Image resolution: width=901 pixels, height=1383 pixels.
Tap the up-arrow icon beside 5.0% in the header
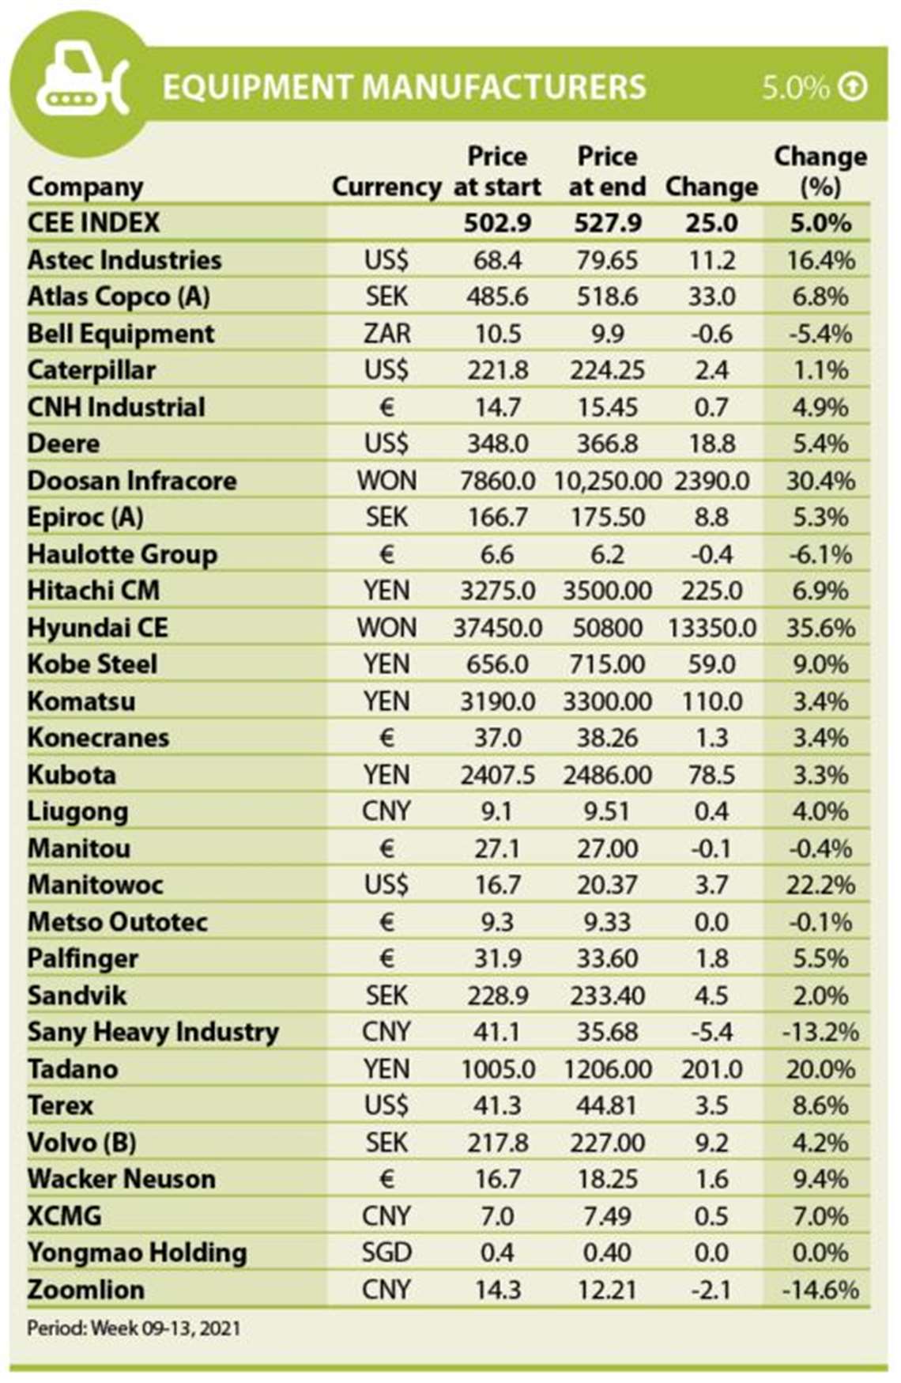point(853,86)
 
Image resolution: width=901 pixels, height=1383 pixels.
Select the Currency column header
point(386,187)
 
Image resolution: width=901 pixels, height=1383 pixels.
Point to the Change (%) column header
point(820,171)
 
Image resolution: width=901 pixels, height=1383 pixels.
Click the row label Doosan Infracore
point(132,481)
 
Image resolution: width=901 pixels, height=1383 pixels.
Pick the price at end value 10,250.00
point(607,481)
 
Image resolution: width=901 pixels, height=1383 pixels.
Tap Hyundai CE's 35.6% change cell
point(820,628)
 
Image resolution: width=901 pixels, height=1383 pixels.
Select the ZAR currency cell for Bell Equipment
point(386,334)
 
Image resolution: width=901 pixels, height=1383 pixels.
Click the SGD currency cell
point(386,1253)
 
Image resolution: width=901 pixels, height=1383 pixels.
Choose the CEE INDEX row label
point(93,223)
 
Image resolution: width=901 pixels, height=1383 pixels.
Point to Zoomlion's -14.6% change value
point(820,1290)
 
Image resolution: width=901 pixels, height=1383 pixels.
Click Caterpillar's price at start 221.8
point(497,370)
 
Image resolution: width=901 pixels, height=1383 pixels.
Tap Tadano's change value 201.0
point(711,1069)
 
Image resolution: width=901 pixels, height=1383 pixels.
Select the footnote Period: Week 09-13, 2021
point(134,1328)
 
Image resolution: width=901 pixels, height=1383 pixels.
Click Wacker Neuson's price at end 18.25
point(607,1179)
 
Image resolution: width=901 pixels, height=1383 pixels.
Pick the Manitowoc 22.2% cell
point(820,885)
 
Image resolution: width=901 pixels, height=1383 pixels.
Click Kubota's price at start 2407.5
point(497,775)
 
